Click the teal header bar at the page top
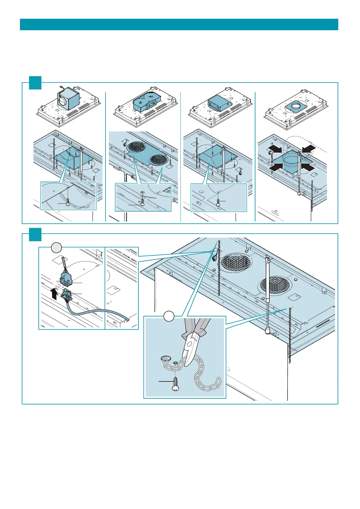pyautogui.click(x=179, y=24)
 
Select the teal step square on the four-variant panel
pyautogui.click(x=35, y=83)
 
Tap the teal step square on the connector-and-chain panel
pyautogui.click(x=35, y=235)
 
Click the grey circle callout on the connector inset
pyautogui.click(x=56, y=248)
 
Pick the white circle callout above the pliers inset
pyautogui.click(x=169, y=316)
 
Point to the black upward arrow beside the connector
pyautogui.click(x=54, y=293)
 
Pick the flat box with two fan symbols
pyautogui.click(x=145, y=102)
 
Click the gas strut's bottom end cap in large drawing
pyautogui.click(x=268, y=331)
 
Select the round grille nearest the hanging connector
pyautogui.click(x=236, y=262)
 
